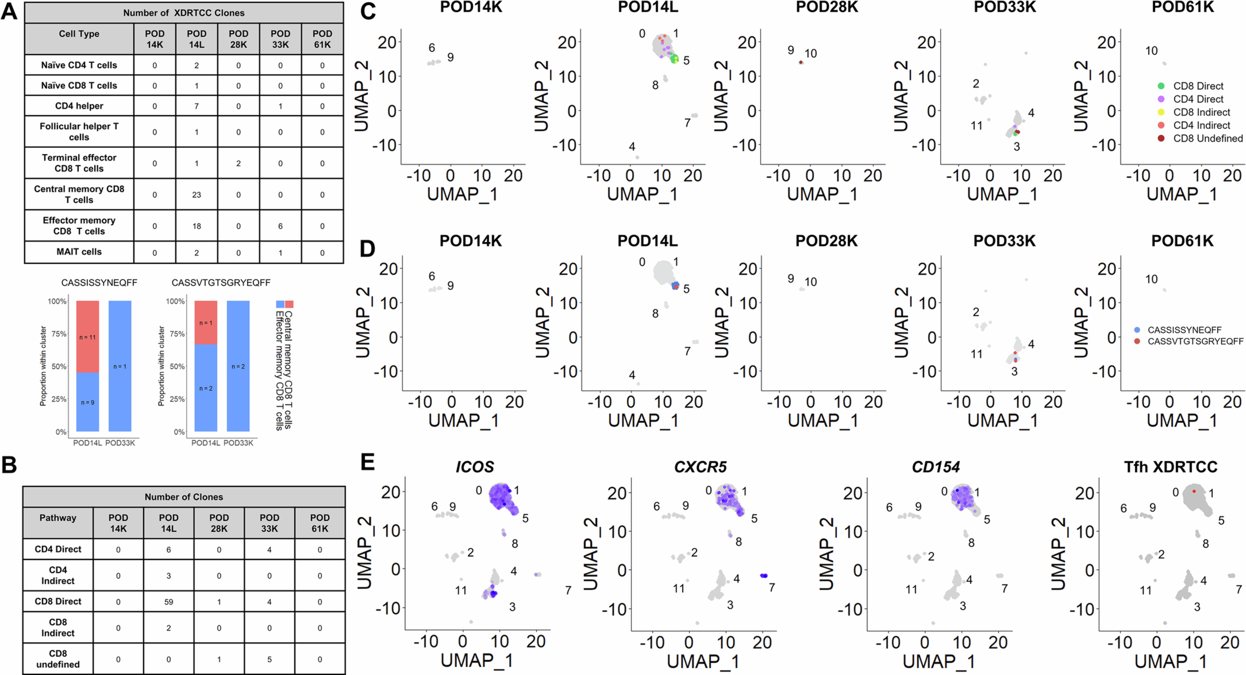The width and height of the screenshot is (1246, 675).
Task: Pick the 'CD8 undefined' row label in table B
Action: (x=58, y=658)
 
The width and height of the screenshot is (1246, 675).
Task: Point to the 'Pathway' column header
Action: (x=58, y=518)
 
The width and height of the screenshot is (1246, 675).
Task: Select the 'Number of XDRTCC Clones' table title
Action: (x=184, y=13)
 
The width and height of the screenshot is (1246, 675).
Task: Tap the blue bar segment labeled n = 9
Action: (x=88, y=402)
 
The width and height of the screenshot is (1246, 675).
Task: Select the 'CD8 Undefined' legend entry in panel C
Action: (x=1207, y=138)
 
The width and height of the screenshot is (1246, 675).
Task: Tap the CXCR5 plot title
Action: (x=700, y=467)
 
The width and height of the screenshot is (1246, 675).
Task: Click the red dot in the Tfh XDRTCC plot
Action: (x=1194, y=491)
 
